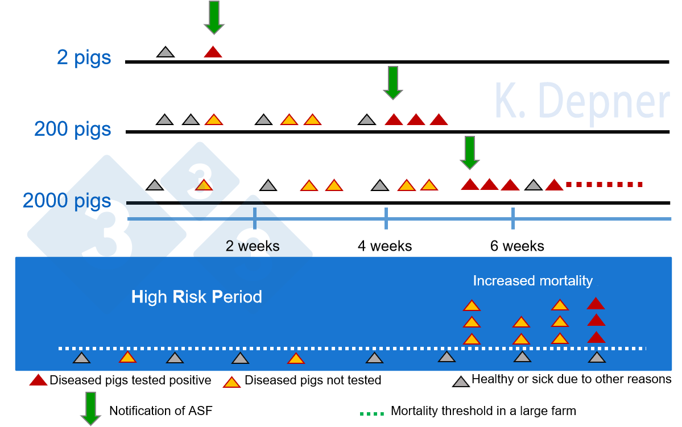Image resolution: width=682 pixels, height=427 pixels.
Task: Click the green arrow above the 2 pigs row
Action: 214,17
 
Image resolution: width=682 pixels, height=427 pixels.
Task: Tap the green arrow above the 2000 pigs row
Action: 469,152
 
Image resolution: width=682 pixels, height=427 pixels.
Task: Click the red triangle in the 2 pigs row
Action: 213,52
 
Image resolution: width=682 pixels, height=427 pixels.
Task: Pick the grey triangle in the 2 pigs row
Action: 165,52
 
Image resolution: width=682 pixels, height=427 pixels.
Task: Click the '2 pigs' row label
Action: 84,58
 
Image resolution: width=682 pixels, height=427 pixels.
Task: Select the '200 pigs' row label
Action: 73,129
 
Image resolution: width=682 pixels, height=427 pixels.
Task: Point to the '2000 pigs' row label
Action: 67,200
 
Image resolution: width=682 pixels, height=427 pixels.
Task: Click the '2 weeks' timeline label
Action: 253,246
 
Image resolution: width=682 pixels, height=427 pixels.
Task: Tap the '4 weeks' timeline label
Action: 385,246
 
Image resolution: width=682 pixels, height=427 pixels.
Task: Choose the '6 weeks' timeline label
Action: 517,246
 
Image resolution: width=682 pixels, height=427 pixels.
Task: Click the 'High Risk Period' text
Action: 197,297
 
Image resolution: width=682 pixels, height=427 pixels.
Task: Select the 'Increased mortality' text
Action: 533,281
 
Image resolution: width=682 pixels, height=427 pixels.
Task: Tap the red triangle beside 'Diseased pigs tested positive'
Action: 38,380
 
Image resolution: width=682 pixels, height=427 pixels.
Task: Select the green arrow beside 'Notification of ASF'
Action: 90,409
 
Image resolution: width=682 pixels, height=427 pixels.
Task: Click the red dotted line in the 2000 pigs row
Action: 604,184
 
